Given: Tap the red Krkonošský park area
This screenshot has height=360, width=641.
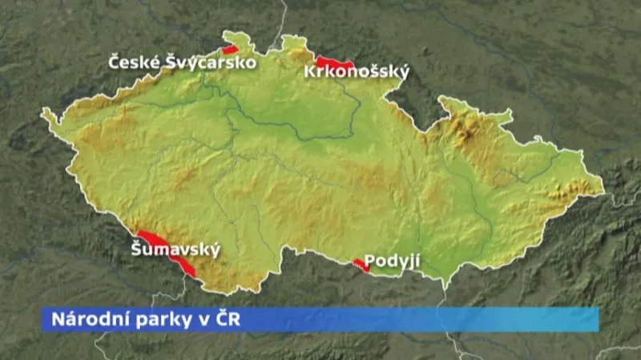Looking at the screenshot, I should (335, 63).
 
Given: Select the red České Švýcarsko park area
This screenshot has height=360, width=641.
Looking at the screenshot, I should (231, 50).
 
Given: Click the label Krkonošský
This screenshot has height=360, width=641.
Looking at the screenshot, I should (357, 73).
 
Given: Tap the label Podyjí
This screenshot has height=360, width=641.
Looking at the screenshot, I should (392, 261).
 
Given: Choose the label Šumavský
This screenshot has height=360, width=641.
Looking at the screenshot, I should (175, 250).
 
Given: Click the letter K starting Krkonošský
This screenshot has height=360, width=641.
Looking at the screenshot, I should (310, 73).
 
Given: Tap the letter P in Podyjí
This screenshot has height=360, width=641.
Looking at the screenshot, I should (369, 261).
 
